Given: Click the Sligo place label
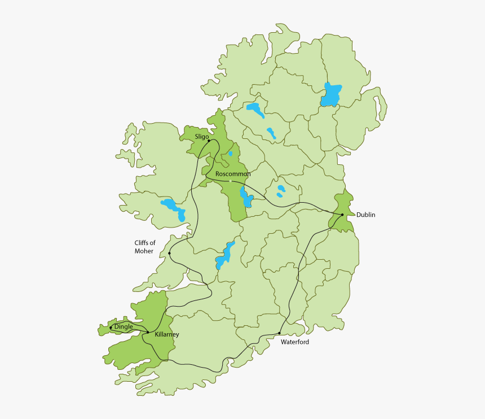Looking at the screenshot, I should [x=202, y=137].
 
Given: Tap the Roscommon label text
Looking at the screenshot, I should [x=233, y=174].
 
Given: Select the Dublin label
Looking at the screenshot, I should [x=365, y=215].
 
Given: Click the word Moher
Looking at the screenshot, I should [x=144, y=251].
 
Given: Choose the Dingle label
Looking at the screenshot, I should [x=124, y=326].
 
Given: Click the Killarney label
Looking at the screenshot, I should [x=167, y=334].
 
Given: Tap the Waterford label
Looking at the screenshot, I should [x=295, y=342].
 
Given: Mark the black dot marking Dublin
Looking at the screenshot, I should [x=342, y=215].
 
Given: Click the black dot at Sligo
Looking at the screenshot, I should [x=209, y=141].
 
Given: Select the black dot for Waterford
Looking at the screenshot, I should [x=280, y=333].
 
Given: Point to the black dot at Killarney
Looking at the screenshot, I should [x=148, y=333].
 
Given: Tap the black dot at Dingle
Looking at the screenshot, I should [x=111, y=327].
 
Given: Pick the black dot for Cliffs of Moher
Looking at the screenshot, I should [x=169, y=253].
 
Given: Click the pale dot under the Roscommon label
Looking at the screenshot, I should [x=232, y=181].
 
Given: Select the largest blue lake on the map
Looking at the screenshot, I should [x=331, y=94].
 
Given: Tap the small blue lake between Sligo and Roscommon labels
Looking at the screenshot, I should [x=230, y=154].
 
